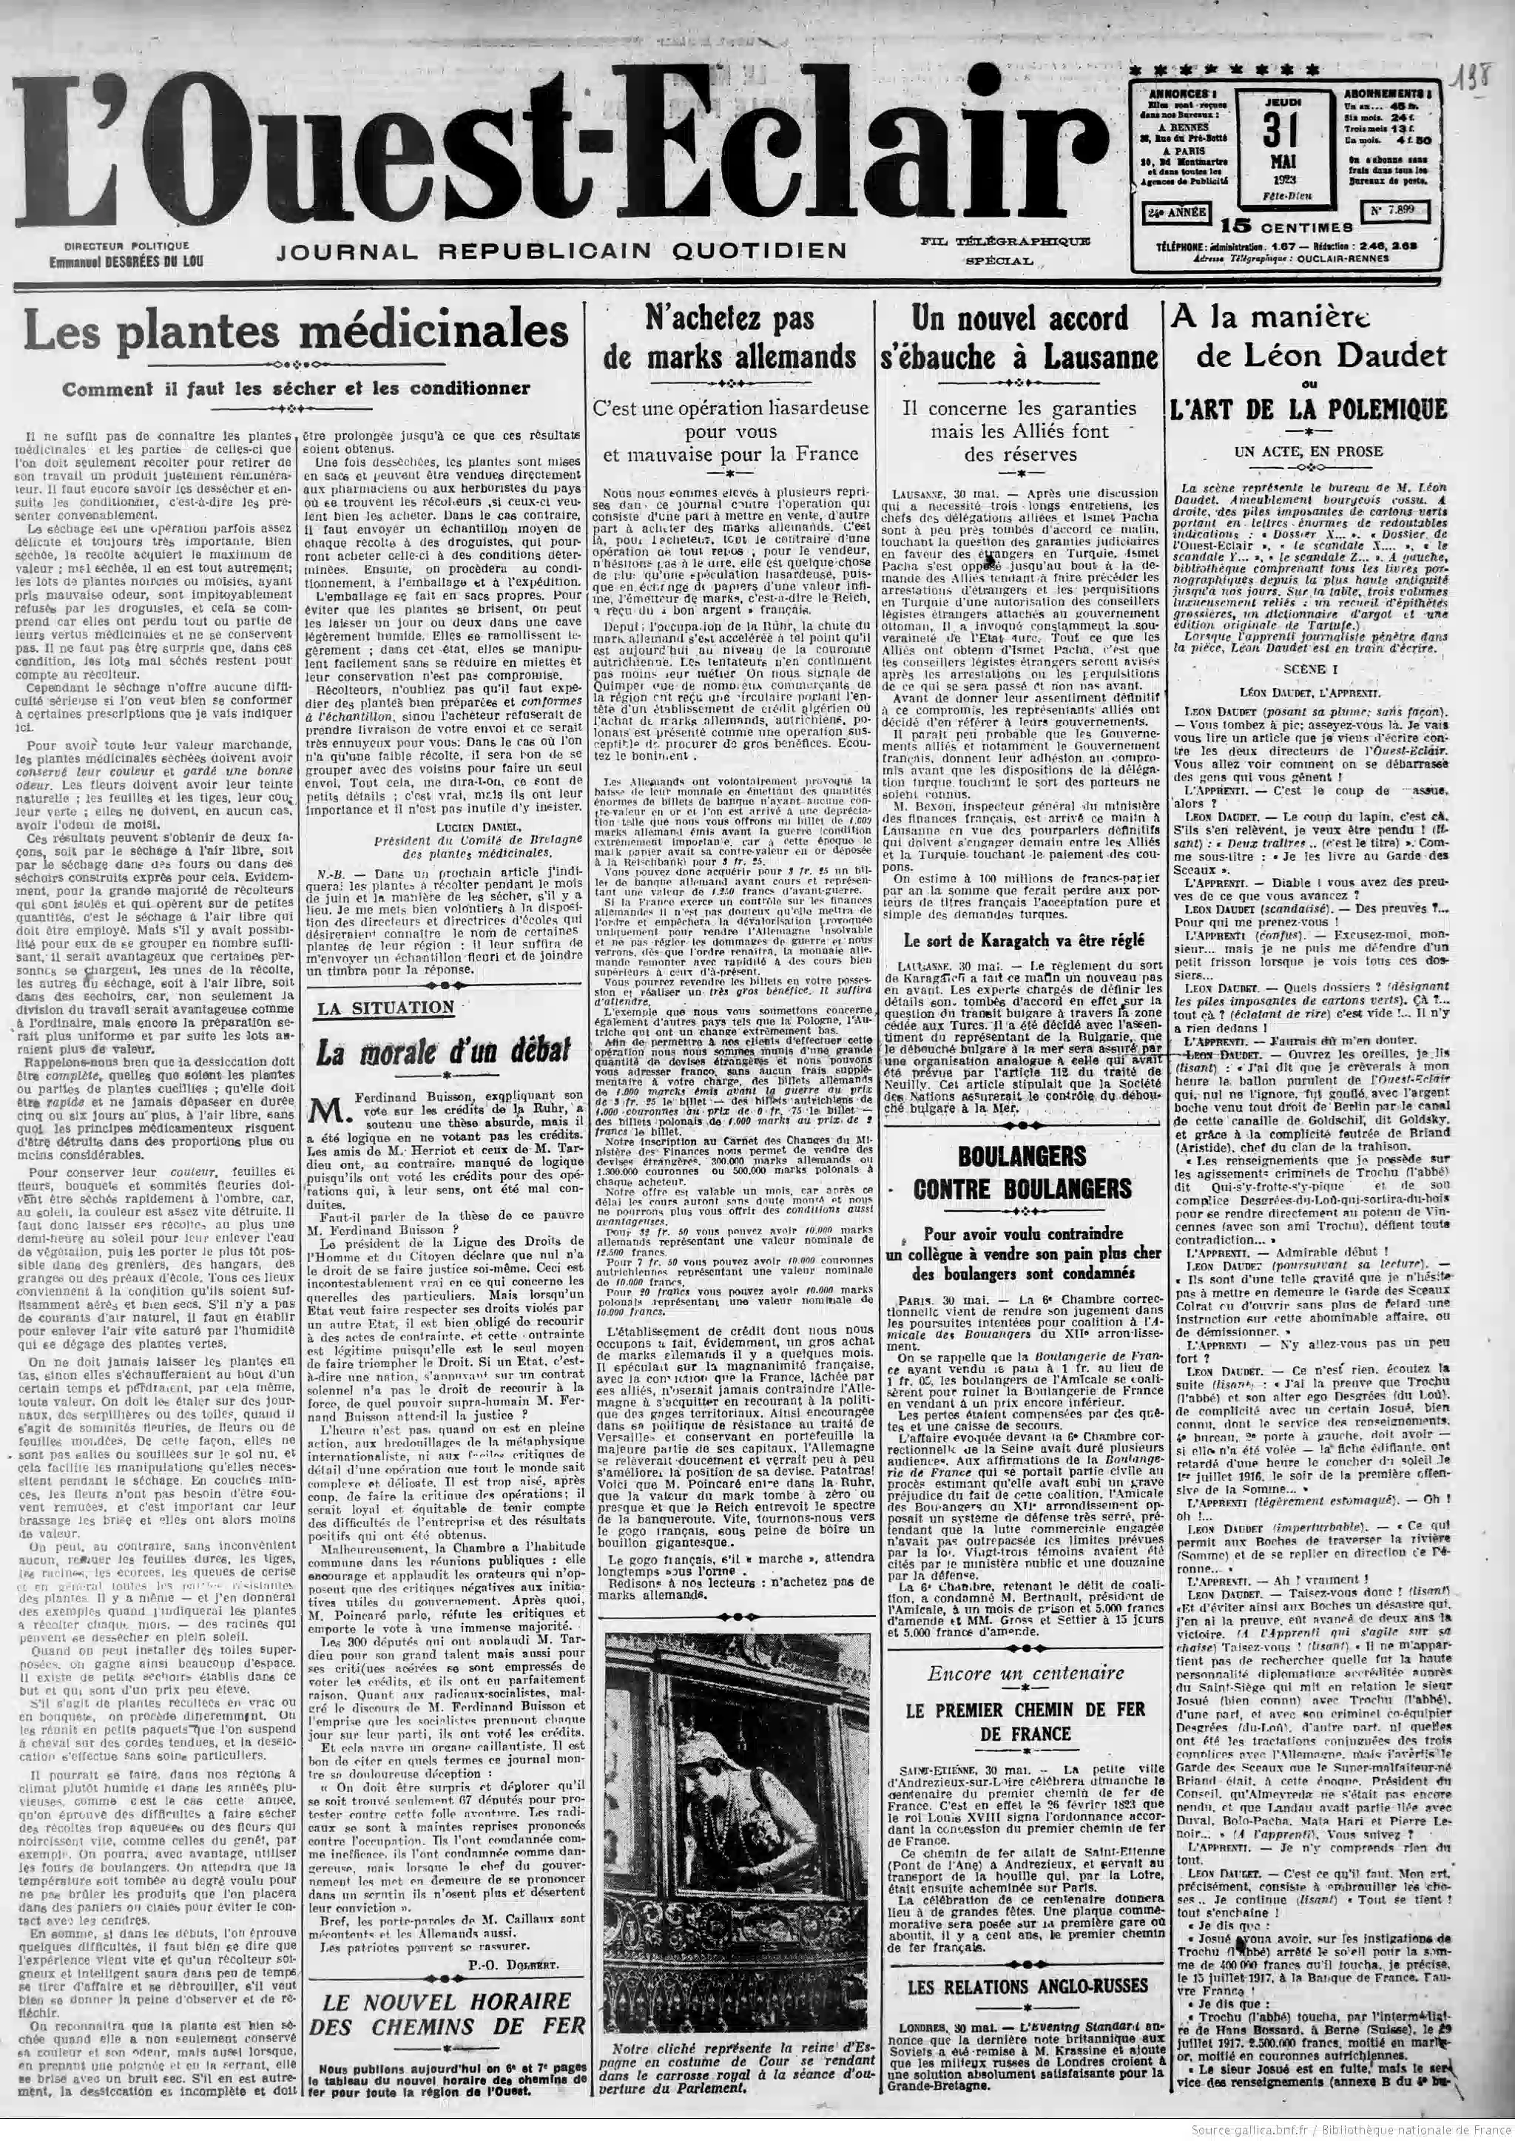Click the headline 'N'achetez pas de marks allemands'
click(x=730, y=337)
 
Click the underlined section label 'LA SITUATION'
click(x=385, y=1008)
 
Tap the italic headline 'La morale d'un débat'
click(x=442, y=1052)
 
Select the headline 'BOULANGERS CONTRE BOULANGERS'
click(x=1021, y=1173)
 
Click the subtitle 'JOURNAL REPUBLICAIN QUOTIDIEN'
click(x=561, y=251)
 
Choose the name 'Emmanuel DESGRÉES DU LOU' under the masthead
click(x=126, y=262)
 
